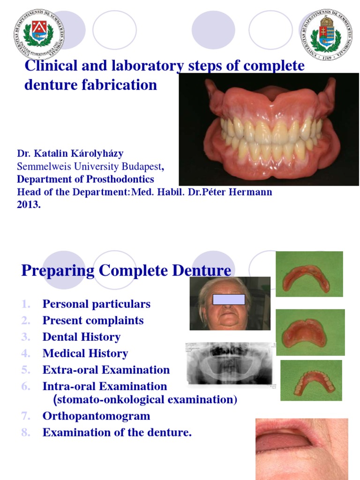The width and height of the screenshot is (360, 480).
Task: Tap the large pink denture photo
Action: pyautogui.click(x=269, y=130)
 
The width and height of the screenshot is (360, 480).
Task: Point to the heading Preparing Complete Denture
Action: pyautogui.click(x=126, y=270)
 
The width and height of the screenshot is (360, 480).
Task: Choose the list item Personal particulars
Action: pyautogui.click(x=96, y=304)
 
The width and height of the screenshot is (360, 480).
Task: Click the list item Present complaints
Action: pyautogui.click(x=93, y=321)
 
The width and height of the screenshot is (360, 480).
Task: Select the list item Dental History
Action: pyautogui.click(x=82, y=337)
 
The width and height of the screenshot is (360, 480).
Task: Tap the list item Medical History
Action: pyautogui.click(x=85, y=353)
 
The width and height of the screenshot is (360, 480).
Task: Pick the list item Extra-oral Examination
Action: pyautogui.click(x=106, y=370)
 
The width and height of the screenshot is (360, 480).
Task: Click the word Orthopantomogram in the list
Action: pyautogui.click(x=96, y=416)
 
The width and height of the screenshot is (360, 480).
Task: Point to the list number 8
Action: pyautogui.click(x=26, y=433)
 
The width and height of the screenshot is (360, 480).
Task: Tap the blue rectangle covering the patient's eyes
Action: pyautogui.click(x=229, y=299)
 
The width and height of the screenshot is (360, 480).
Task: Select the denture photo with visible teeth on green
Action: pyautogui.click(x=311, y=380)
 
